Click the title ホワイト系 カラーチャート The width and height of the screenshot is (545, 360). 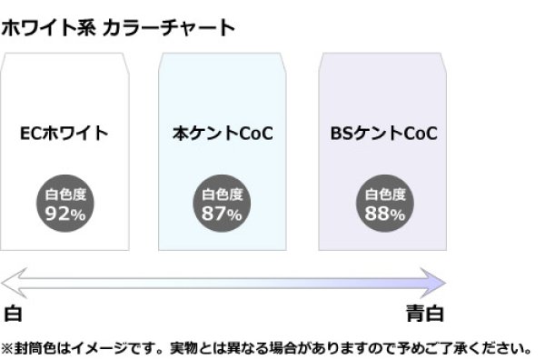coord(118,27)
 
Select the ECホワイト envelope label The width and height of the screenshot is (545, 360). coord(64,134)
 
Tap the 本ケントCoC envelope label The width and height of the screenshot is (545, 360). coord(223,134)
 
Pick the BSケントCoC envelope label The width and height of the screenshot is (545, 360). coord(384,134)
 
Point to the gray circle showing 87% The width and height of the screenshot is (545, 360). coord(223,204)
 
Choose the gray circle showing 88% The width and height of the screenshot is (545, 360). coord(384,204)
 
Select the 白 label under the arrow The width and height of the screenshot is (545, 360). coord(13,314)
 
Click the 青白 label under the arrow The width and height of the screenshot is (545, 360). coord(425,314)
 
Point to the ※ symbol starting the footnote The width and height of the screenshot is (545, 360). coord(7,347)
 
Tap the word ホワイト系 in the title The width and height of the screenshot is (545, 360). coord(45,27)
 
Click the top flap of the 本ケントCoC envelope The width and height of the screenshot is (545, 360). coord(223,60)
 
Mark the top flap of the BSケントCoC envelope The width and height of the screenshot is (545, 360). coord(384,60)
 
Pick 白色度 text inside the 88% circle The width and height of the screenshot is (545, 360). coord(384,194)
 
